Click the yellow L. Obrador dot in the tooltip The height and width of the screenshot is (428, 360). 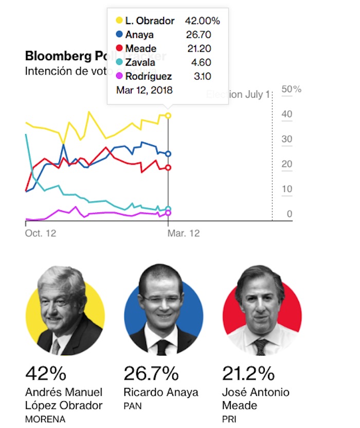119,21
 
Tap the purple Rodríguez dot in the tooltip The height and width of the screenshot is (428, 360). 119,77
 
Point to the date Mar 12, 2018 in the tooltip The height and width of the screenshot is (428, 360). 145,90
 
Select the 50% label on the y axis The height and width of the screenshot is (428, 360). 292,90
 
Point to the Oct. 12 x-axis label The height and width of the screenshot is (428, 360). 41,233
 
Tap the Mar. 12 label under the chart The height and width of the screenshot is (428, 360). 184,233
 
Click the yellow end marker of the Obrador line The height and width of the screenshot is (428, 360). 168,116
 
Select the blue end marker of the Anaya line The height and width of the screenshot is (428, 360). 168,154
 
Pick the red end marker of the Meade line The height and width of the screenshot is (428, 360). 168,167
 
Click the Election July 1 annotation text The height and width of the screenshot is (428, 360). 238,95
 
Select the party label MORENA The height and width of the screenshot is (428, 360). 45,419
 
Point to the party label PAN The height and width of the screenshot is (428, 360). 133,406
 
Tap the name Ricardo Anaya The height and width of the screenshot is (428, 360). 160,392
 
